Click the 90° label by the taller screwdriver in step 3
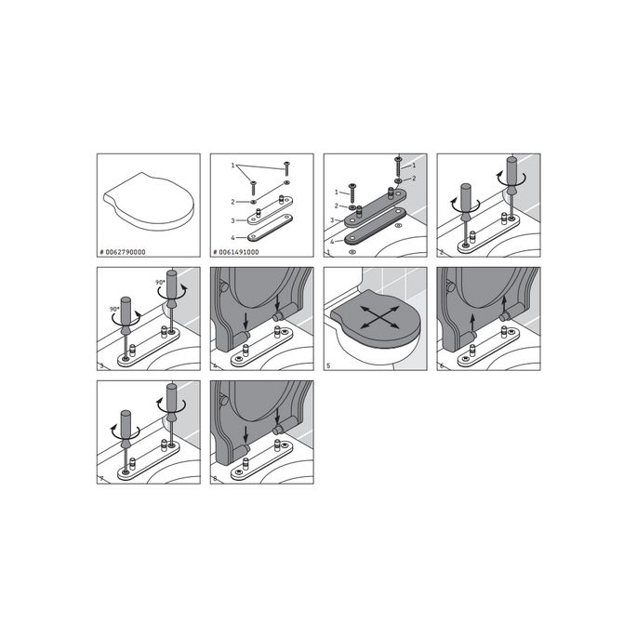tap(160, 283)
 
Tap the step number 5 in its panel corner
tap(328, 366)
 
